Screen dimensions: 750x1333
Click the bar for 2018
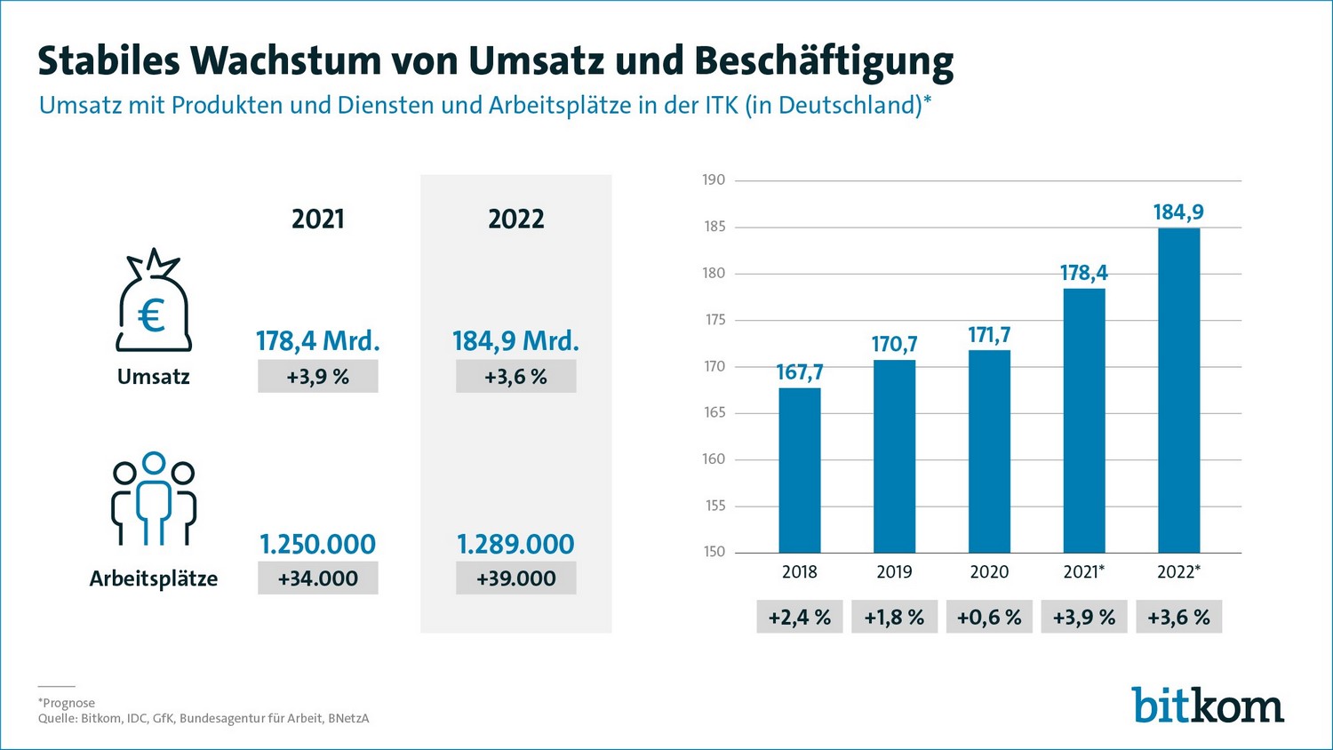pyautogui.click(x=800, y=470)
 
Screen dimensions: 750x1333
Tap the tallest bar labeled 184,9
pyautogui.click(x=1178, y=391)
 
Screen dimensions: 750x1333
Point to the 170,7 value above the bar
pyautogui.click(x=894, y=344)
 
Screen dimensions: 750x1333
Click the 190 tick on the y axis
pyautogui.click(x=714, y=180)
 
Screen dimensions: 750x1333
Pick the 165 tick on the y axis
pyautogui.click(x=714, y=412)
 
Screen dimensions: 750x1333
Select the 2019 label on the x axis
pyautogui.click(x=894, y=572)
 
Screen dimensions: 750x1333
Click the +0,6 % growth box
pyautogui.click(x=989, y=618)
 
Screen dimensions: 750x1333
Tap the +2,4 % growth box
pyautogui.click(x=800, y=618)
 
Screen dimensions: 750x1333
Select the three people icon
pyautogui.click(x=154, y=499)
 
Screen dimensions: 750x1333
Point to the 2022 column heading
pyautogui.click(x=515, y=219)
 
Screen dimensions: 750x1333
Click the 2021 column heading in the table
pyautogui.click(x=318, y=219)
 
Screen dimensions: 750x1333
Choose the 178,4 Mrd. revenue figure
pyautogui.click(x=318, y=341)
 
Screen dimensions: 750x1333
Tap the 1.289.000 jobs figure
pyautogui.click(x=515, y=544)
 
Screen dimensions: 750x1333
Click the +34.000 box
pyautogui.click(x=318, y=578)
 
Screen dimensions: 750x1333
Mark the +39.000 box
pyautogui.click(x=515, y=578)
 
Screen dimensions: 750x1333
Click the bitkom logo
pyautogui.click(x=1208, y=706)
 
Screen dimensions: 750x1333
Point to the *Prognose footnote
pyautogui.click(x=67, y=703)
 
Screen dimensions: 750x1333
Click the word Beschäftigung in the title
pyautogui.click(x=824, y=61)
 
